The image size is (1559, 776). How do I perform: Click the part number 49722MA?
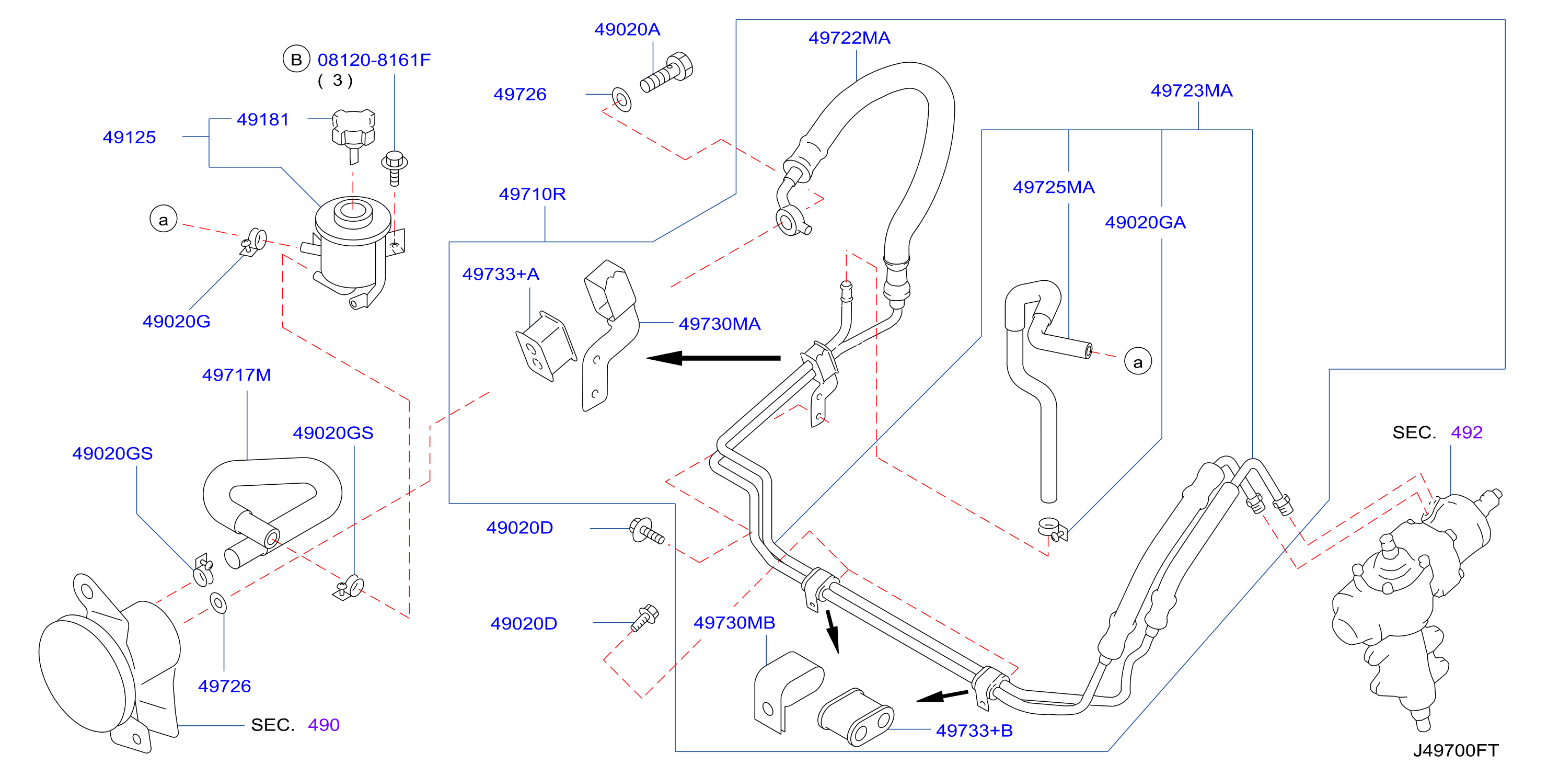click(x=849, y=38)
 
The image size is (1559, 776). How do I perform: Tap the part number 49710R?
click(x=532, y=195)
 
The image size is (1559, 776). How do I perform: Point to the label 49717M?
click(x=236, y=375)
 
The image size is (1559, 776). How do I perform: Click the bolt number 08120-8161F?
click(x=374, y=60)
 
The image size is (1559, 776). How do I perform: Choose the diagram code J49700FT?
click(x=1456, y=750)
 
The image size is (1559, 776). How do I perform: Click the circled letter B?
click(x=296, y=59)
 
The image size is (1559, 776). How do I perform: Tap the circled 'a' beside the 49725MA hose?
click(x=1138, y=361)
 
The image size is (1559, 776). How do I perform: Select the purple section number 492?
click(x=1466, y=432)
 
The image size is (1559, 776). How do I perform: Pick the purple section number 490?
click(x=324, y=725)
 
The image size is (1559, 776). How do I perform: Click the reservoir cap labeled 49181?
click(x=353, y=134)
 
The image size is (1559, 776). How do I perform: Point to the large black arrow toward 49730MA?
click(x=713, y=358)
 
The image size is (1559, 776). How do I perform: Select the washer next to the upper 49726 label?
click(x=621, y=99)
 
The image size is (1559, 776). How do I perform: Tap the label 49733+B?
click(x=974, y=731)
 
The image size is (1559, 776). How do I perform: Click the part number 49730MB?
click(x=734, y=623)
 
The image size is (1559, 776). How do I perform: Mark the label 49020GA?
click(x=1145, y=223)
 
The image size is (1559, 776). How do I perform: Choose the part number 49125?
click(x=129, y=138)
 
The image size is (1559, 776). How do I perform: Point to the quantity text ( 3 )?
click(x=336, y=81)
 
